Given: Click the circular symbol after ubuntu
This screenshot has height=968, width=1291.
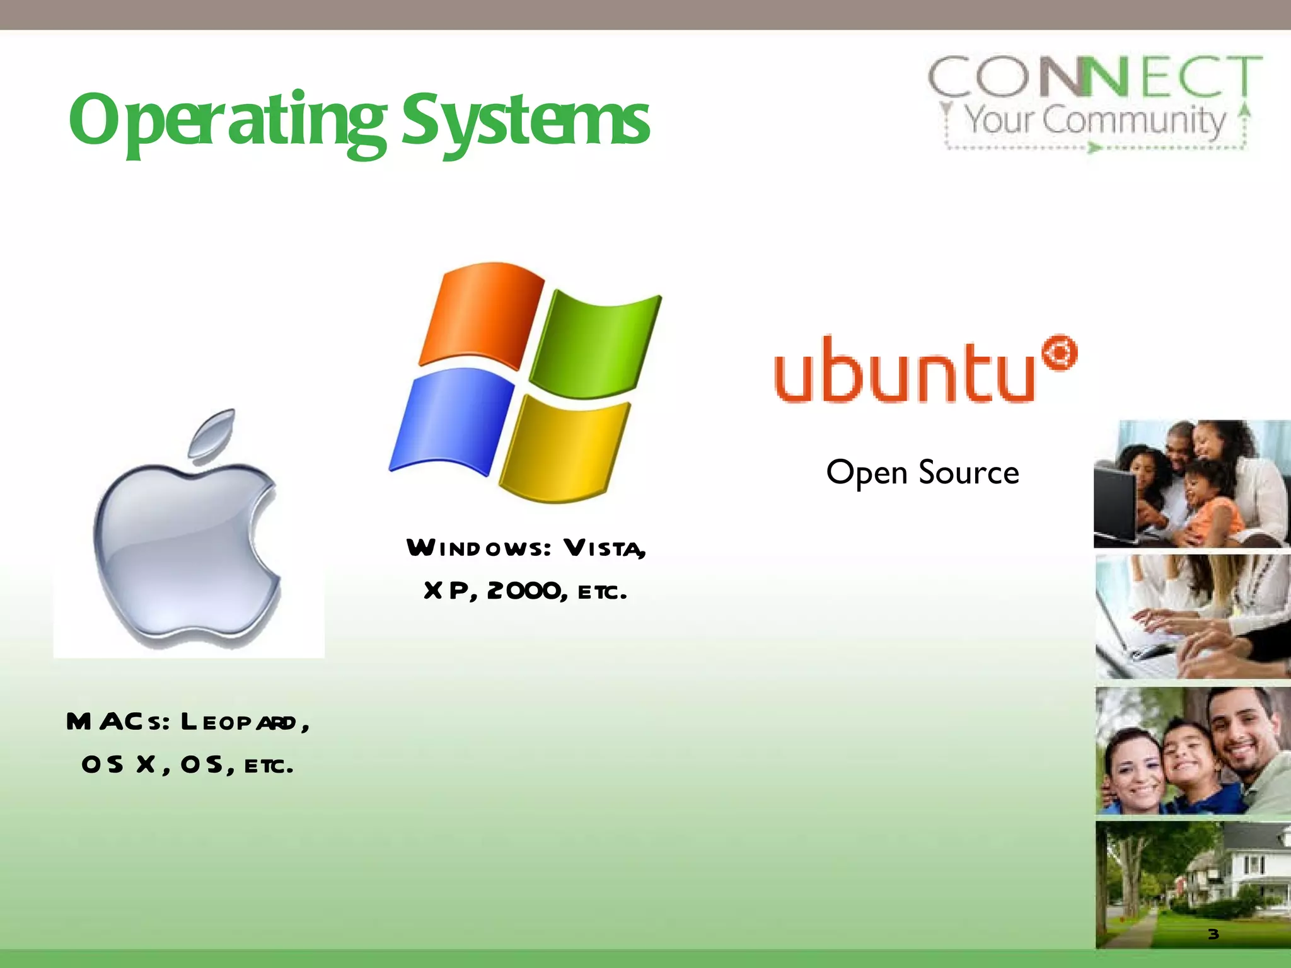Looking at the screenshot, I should [x=1060, y=354].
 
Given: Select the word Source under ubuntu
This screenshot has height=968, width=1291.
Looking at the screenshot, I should [x=969, y=473].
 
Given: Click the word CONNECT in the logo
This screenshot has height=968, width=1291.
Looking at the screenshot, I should [x=1094, y=77].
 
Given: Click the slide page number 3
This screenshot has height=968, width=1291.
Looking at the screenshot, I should [x=1213, y=934].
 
